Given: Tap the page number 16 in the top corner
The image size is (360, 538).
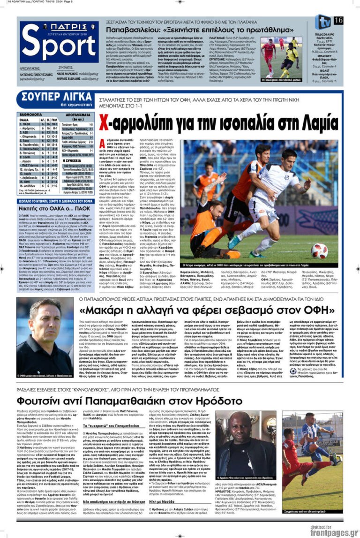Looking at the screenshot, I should (338, 20).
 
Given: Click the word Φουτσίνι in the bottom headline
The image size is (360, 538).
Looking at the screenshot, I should (44, 401).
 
